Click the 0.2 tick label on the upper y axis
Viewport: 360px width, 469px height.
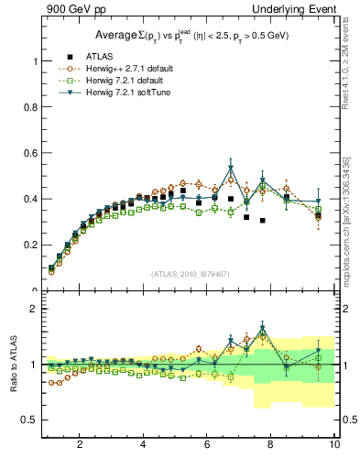tap(29, 245)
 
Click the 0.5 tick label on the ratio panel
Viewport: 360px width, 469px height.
tap(29, 420)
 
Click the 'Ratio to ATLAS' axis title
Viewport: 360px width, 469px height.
tap(12, 365)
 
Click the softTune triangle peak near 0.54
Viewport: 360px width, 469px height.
tap(231, 168)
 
